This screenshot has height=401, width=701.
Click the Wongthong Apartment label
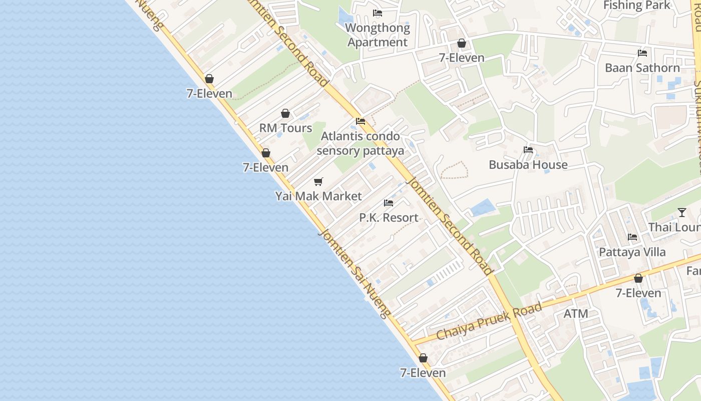point(378,35)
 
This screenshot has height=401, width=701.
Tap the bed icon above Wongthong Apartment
point(378,13)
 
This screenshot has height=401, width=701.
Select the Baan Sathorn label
point(642,68)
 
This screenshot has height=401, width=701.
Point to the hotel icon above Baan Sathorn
point(642,53)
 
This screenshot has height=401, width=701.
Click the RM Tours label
point(285,128)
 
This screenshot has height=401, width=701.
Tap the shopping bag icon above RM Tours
point(285,113)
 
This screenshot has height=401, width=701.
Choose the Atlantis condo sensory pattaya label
point(361,143)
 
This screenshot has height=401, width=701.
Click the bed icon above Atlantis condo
point(361,121)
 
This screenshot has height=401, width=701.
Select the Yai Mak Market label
point(318,196)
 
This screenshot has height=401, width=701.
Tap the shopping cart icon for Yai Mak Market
point(318,181)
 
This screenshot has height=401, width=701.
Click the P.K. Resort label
point(389,218)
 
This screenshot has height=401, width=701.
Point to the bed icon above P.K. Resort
point(389,203)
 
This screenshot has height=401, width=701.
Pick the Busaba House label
point(528,164)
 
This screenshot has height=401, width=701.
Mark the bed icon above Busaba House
point(528,150)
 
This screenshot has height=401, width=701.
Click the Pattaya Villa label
point(632,252)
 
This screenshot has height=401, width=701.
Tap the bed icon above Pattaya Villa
point(632,237)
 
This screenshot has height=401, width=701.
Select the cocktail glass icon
point(682,213)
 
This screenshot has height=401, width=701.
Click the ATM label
point(576,314)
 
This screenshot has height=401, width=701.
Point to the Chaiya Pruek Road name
point(489,321)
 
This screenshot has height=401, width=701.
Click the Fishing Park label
point(636,5)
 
